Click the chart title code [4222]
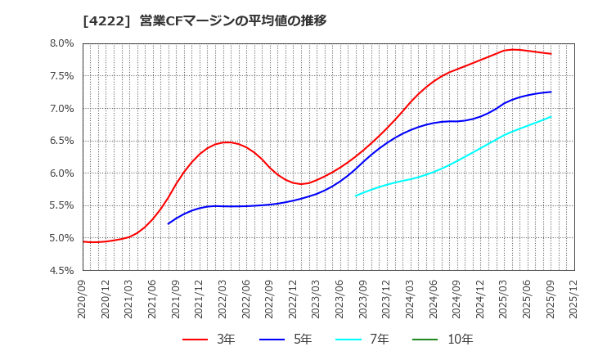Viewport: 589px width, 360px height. pos(106,21)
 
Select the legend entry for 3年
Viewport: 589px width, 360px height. pos(209,339)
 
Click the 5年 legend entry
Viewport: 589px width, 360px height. pos(290,339)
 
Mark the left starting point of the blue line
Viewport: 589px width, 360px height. pos(169,223)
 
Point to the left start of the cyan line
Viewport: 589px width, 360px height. pos(356,196)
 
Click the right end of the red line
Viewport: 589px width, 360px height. pos(551,54)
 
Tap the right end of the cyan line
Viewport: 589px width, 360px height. pos(551,116)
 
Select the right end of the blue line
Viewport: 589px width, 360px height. pos(551,92)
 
